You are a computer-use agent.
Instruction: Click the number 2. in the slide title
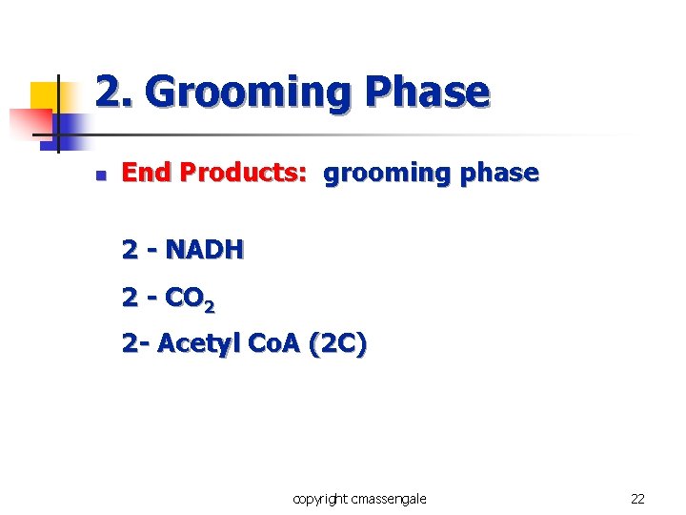[x=114, y=93]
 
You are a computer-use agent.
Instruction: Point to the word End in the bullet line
[x=147, y=173]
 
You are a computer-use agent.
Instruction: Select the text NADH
[x=205, y=250]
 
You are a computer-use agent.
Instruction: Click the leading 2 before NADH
[x=130, y=250]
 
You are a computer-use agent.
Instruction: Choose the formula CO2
[x=190, y=299]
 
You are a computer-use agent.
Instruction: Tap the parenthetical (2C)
[x=336, y=344]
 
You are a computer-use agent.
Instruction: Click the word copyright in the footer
[x=320, y=498]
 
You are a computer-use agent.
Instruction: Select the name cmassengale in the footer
[x=390, y=498]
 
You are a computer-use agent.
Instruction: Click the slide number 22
[x=637, y=498]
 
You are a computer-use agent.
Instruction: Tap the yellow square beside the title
[x=48, y=97]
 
